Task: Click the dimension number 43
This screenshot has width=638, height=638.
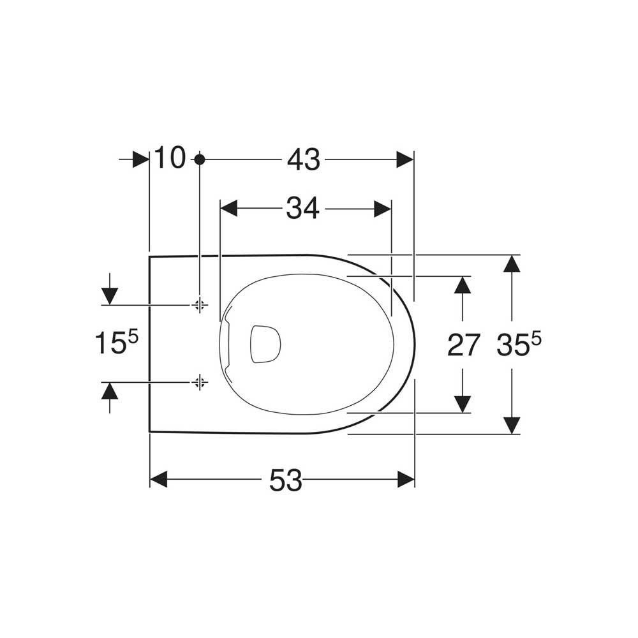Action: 304,159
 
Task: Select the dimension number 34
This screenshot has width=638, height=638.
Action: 302,209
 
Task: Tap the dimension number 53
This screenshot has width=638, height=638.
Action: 286,480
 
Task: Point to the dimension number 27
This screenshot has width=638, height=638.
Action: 464,345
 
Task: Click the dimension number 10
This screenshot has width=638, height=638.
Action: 170,158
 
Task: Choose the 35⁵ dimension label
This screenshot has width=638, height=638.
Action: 519,344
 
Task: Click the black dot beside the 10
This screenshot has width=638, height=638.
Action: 199,159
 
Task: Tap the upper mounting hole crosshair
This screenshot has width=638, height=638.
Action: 199,304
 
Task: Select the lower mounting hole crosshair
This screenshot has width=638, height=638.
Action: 199,382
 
